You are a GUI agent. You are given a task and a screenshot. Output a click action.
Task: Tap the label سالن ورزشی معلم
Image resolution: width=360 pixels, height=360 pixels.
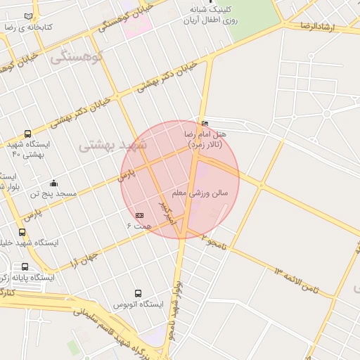(x=200, y=192)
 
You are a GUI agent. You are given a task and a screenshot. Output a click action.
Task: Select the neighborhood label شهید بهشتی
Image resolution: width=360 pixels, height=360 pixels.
(x=112, y=145)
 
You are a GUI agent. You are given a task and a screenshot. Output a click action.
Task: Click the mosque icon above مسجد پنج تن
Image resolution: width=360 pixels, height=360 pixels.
(x=53, y=184)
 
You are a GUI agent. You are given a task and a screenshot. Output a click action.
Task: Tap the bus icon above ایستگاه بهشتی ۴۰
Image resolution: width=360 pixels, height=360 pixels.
(x=27, y=134)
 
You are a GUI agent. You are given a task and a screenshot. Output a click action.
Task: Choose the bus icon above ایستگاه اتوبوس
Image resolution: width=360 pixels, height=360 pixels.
(x=138, y=293)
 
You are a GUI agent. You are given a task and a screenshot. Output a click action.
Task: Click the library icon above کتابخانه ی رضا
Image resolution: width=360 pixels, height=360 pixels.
(x=28, y=16)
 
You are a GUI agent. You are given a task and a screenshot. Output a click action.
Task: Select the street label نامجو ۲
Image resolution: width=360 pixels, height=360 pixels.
(x=213, y=239)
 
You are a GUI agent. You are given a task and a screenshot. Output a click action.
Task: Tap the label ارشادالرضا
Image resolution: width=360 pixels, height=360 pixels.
(x=320, y=27)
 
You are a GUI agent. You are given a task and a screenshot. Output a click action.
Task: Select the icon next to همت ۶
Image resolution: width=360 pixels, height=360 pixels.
(x=139, y=215)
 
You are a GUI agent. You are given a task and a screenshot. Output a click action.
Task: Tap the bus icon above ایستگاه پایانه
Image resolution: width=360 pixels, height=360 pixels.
(x=25, y=267)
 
